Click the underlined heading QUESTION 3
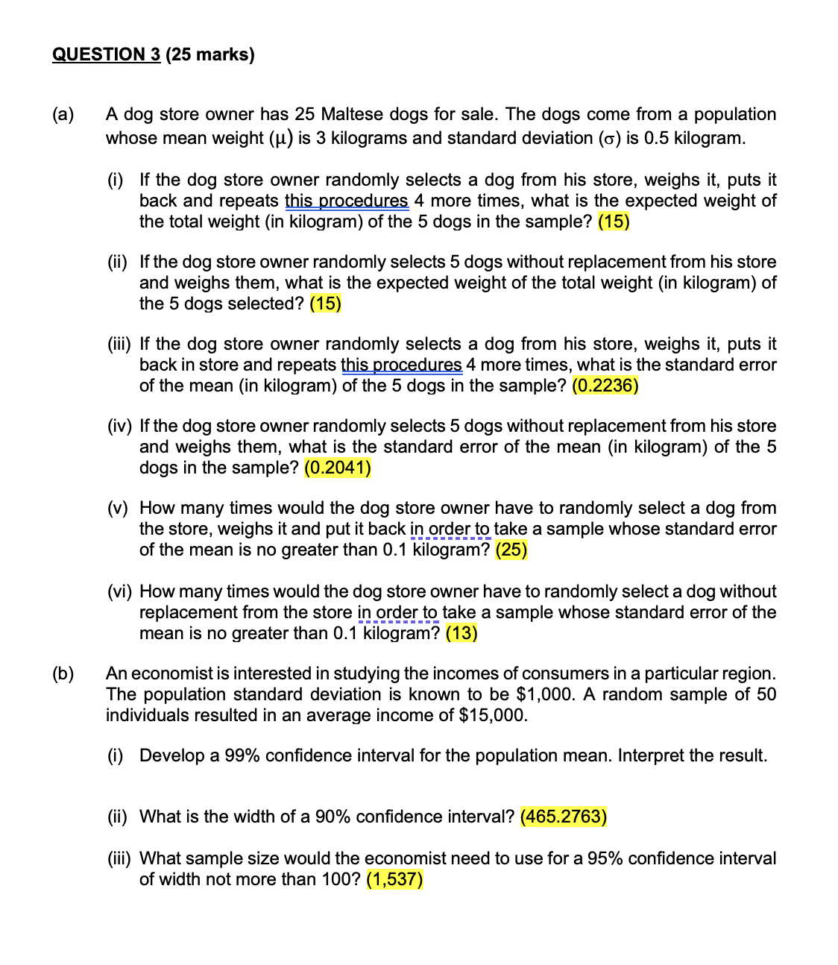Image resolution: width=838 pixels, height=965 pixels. (106, 54)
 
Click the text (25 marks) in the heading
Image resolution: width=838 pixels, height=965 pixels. (210, 54)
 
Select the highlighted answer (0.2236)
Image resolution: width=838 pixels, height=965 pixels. (605, 386)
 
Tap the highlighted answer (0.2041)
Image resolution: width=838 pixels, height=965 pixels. (338, 468)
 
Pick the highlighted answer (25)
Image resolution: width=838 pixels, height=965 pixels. (511, 550)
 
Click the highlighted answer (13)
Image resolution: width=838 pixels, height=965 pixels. (461, 633)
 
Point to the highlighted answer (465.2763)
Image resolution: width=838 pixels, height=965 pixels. (563, 817)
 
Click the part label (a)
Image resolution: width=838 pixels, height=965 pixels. (63, 114)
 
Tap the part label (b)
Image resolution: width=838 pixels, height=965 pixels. (63, 673)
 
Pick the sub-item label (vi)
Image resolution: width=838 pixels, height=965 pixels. (119, 591)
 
